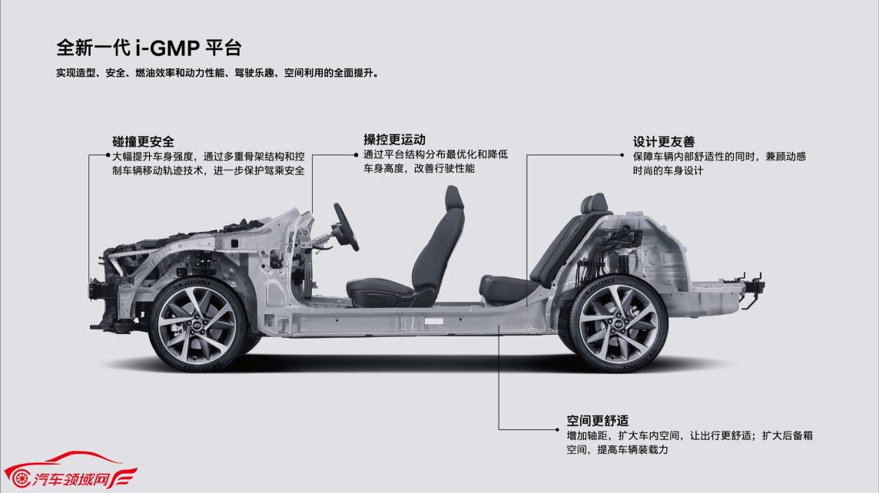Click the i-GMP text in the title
168,48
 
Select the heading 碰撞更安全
143,142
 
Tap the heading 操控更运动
394,140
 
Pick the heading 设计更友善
664,142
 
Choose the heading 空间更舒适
597,421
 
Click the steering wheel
346,227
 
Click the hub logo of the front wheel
197,326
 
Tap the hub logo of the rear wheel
618,324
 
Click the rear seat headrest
594,203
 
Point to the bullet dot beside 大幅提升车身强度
108,156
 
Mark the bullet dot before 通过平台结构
356,155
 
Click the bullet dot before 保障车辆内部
622,155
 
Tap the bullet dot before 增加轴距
557,430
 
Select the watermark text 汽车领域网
70,479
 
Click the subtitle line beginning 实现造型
217,73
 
